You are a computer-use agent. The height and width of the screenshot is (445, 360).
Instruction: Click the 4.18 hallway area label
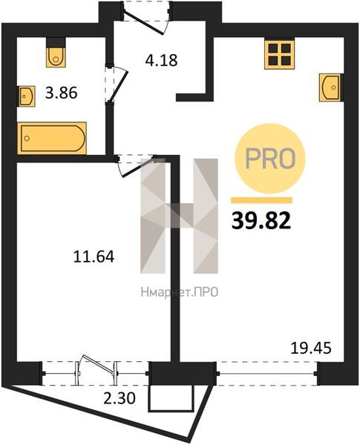coord(161,60)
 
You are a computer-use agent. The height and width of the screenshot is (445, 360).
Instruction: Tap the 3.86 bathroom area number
coord(62,93)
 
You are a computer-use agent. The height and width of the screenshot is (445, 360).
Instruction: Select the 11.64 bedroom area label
coord(94,257)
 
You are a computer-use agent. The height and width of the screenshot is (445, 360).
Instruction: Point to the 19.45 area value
coord(311,348)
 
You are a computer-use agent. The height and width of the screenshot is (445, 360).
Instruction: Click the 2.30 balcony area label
coord(120,398)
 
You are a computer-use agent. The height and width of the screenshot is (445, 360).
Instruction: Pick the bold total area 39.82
coord(261,221)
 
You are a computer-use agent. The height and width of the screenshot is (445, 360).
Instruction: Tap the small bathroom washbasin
coord(27,96)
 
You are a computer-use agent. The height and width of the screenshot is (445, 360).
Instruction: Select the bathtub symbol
coord(52,138)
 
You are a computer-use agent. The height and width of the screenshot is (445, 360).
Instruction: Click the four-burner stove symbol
coord(280,53)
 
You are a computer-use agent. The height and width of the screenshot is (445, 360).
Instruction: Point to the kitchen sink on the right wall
coord(330,88)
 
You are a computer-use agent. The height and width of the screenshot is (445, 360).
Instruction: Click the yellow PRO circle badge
coord(269,159)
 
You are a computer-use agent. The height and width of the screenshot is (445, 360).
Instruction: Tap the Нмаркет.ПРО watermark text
coord(180,291)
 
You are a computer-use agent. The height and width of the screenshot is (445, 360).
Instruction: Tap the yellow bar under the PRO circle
coord(261,200)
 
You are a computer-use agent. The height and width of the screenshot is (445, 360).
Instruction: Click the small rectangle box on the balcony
coord(171,398)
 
